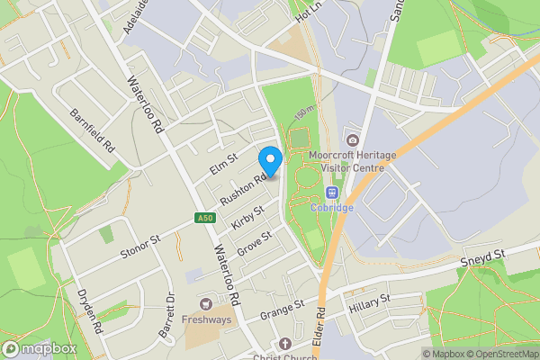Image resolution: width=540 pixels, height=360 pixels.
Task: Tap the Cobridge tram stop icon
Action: click(x=332, y=193)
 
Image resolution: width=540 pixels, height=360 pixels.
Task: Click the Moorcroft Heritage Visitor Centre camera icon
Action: click(x=352, y=139)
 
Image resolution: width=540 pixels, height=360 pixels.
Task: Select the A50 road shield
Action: click(x=206, y=218)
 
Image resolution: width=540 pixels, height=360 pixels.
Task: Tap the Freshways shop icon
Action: click(x=208, y=303)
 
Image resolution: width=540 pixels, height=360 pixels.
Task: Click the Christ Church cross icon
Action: click(x=285, y=344)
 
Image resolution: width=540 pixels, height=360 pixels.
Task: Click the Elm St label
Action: click(x=222, y=166)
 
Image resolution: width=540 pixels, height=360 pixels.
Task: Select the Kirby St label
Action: click(x=247, y=219)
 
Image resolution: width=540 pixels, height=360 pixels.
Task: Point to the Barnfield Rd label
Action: click(x=94, y=130)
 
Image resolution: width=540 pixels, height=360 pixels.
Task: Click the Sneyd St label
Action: click(x=485, y=259)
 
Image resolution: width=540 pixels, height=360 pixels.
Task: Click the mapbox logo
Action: click(x=40, y=348)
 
